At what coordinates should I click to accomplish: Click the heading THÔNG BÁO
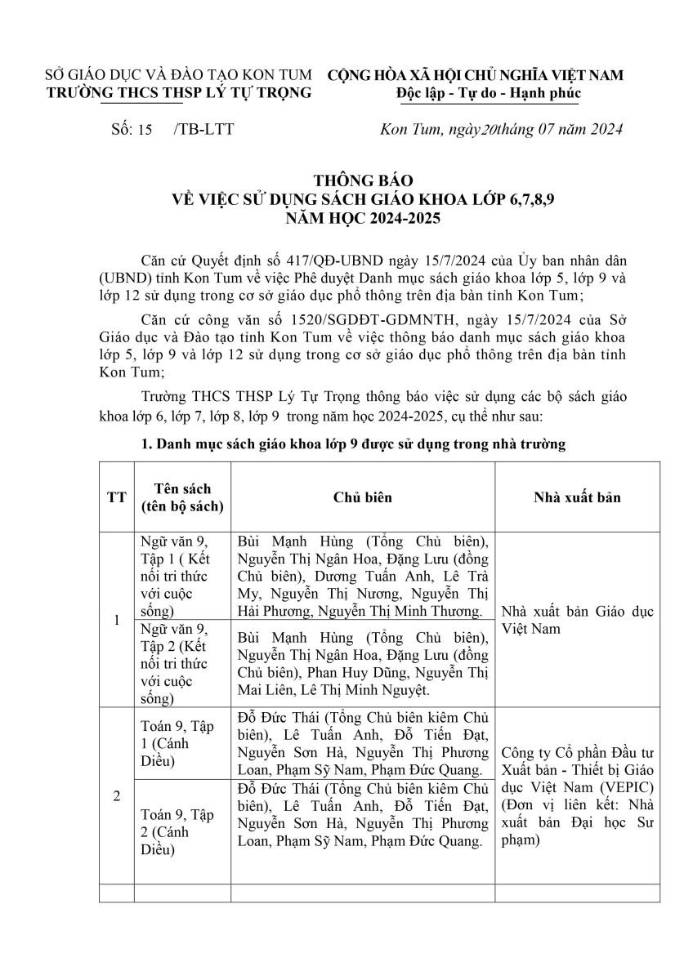click(x=346, y=181)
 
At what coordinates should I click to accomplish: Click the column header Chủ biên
click(x=362, y=497)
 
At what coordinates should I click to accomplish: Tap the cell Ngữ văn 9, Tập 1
click(x=174, y=576)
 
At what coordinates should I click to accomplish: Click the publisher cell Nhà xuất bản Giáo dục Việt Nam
click(x=577, y=621)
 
